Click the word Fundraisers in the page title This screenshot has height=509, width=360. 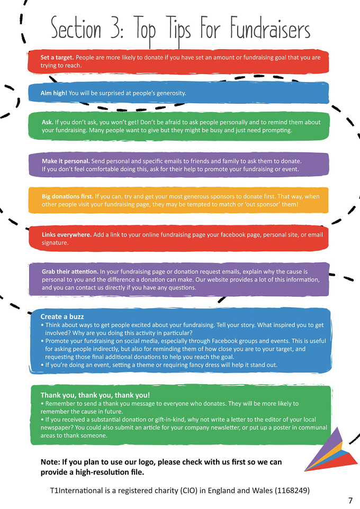(x=271, y=28)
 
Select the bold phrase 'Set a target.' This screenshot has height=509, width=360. (x=57, y=58)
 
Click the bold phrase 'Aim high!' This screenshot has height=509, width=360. (x=54, y=93)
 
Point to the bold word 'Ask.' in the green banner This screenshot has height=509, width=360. (x=48, y=122)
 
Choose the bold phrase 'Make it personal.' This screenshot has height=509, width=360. (x=66, y=161)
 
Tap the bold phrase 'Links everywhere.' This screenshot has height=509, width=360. (x=67, y=235)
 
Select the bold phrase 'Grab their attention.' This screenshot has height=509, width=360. (x=70, y=272)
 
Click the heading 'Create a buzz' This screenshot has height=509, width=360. (x=62, y=316)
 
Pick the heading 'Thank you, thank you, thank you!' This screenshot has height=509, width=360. (x=95, y=395)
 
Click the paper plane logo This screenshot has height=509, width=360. (x=330, y=450)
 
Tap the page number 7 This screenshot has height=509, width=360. (x=350, y=501)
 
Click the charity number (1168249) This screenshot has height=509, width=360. (x=292, y=490)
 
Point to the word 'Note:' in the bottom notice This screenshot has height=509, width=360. (x=50, y=462)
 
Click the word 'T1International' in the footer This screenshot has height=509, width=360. (x=76, y=490)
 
